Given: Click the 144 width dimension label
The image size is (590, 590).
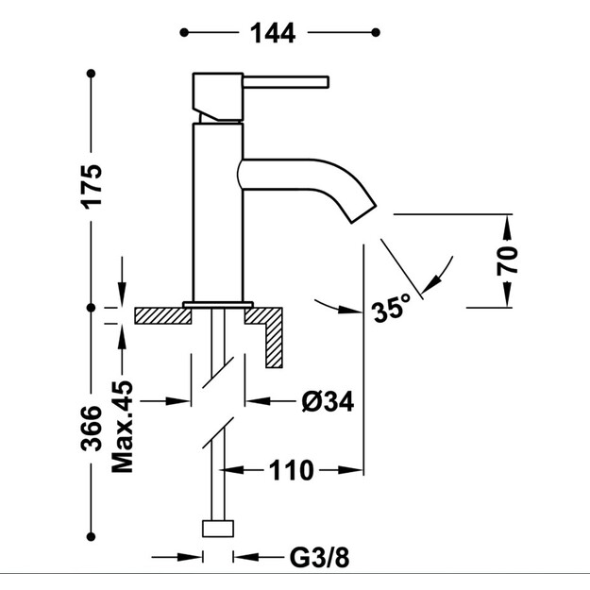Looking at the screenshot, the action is pyautogui.click(x=273, y=33).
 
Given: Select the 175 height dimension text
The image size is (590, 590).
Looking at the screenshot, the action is pyautogui.click(x=92, y=187).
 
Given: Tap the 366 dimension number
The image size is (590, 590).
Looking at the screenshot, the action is pyautogui.click(x=92, y=429).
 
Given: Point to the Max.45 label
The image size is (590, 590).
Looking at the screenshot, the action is pyautogui.click(x=123, y=427).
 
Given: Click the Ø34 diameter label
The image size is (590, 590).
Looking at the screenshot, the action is pyautogui.click(x=328, y=401).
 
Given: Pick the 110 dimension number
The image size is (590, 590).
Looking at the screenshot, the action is pyautogui.click(x=291, y=470).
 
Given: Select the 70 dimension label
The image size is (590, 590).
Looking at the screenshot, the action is pyautogui.click(x=507, y=261).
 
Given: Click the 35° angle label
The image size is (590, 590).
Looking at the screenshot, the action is pyautogui.click(x=392, y=308).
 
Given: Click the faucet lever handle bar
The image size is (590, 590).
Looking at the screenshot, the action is pyautogui.click(x=286, y=82).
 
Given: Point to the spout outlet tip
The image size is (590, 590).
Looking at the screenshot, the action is pyautogui.click(x=363, y=215).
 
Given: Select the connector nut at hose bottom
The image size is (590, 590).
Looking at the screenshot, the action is pyautogui.click(x=218, y=529).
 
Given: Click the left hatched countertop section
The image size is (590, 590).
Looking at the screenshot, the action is pyautogui.click(x=163, y=315).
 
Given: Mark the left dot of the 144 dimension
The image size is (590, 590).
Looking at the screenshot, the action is pyautogui.click(x=184, y=33).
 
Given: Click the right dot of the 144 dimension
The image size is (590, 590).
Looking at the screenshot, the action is pyautogui.click(x=376, y=33).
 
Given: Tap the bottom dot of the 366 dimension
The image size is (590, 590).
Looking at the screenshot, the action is pyautogui.click(x=91, y=536).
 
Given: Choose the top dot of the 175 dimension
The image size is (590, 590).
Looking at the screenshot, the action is pyautogui.click(x=91, y=74).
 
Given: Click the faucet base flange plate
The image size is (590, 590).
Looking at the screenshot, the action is pyautogui.click(x=218, y=304).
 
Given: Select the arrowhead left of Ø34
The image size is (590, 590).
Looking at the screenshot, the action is pyautogui.click(x=177, y=401).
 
